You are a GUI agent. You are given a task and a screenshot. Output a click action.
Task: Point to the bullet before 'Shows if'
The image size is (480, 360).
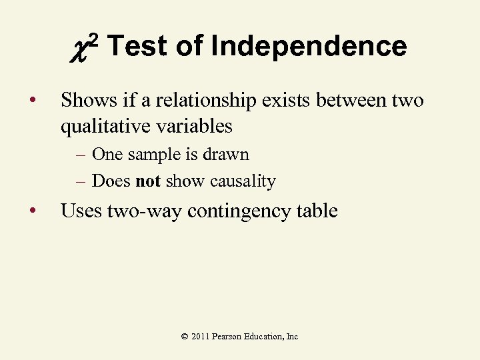pos(32,101)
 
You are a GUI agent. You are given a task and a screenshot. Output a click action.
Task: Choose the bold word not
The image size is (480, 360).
pos(147,181)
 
